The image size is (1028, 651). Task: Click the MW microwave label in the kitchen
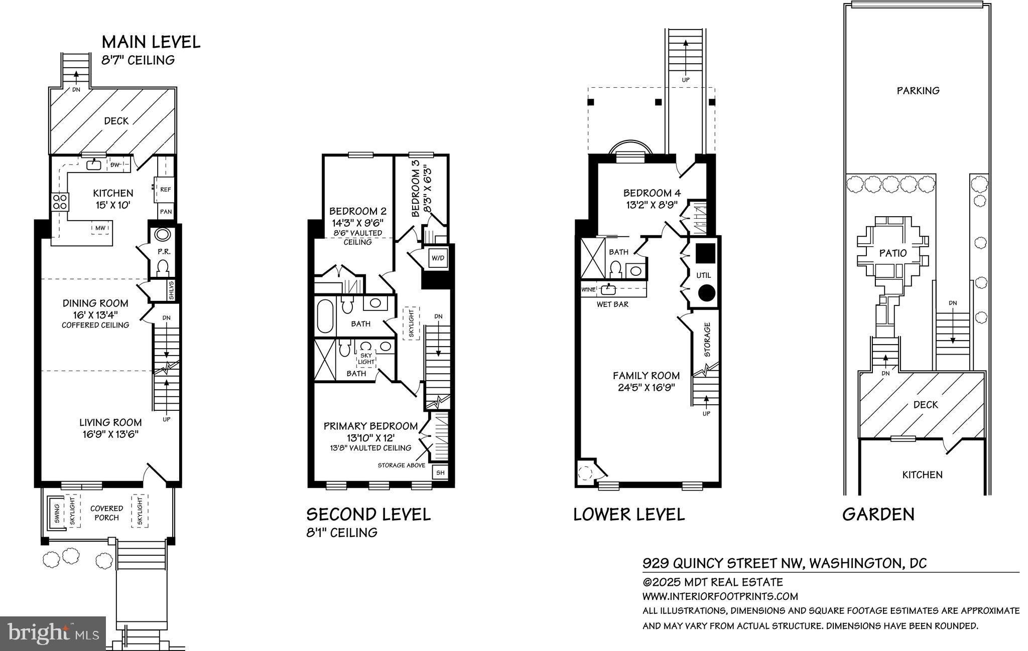pyautogui.click(x=100, y=228)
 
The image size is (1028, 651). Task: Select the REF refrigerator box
pyautogui.click(x=165, y=189)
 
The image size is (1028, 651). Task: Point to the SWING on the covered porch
pyautogui.click(x=56, y=513)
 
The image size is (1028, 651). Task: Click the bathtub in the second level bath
pyautogui.click(x=325, y=316)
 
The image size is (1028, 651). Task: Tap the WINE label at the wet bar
pyautogui.click(x=588, y=289)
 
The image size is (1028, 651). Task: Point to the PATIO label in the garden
pyautogui.click(x=892, y=253)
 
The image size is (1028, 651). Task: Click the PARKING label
pyautogui.click(x=918, y=90)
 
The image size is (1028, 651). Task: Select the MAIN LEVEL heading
pyautogui.click(x=151, y=42)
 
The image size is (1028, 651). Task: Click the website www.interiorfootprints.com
pyautogui.click(x=720, y=596)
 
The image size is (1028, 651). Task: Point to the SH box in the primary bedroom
pyautogui.click(x=440, y=472)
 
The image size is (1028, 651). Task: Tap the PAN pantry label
pyautogui.click(x=166, y=211)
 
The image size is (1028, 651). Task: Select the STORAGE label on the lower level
pyautogui.click(x=707, y=340)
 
